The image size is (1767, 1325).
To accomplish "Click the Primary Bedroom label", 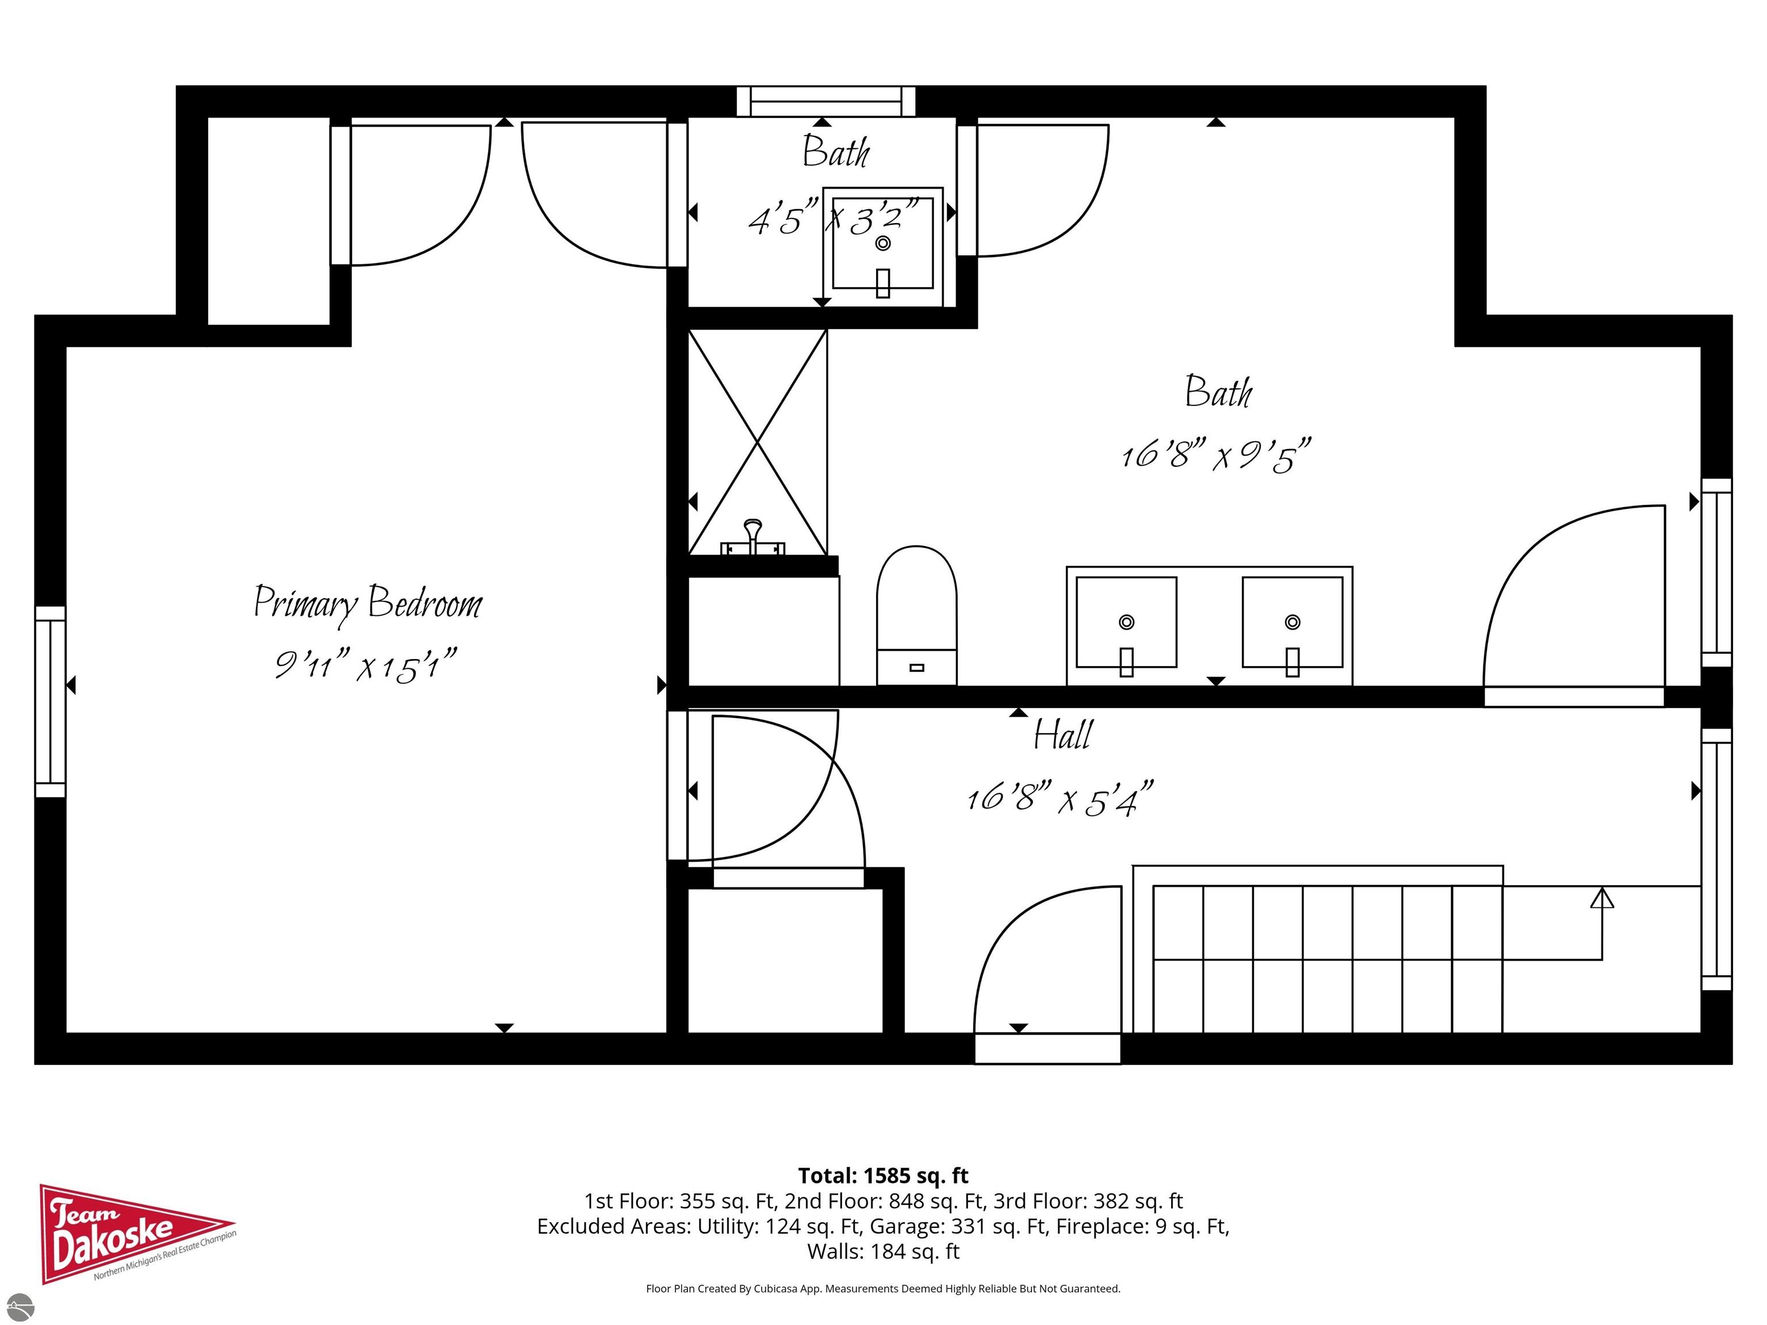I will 368,603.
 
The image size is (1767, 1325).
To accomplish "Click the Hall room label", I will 1062,735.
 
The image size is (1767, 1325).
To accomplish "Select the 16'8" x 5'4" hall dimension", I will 1060,798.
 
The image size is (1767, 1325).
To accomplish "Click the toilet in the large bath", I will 916,615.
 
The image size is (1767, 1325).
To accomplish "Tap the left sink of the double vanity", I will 1126,622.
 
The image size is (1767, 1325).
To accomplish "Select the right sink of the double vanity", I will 1292,622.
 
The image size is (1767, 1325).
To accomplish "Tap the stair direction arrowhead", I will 1602,898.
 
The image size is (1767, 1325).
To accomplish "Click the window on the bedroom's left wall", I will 49,701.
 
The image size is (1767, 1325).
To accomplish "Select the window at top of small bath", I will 825,101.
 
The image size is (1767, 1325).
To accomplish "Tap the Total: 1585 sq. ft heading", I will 883,1175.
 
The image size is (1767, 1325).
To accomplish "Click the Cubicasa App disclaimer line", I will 883,1288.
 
